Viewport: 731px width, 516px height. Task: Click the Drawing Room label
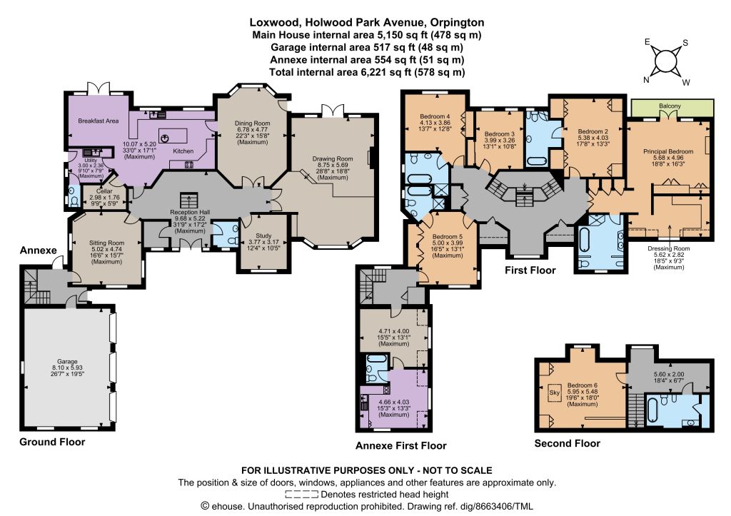click(333, 159)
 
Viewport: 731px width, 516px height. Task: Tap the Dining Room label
click(252, 123)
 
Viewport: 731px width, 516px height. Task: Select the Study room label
click(263, 236)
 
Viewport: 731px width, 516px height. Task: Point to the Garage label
click(67, 362)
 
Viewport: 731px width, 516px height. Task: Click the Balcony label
click(670, 106)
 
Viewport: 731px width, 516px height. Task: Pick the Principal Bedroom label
click(668, 151)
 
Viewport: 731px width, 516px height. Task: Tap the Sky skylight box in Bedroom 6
click(554, 393)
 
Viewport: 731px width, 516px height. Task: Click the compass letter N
click(646, 80)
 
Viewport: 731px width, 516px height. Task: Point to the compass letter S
click(685, 43)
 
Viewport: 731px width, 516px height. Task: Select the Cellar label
click(104, 191)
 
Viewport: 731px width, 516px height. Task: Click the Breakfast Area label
click(98, 121)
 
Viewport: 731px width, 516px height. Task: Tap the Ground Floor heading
click(52, 442)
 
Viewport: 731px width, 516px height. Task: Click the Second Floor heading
click(567, 443)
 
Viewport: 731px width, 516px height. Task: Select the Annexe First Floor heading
click(401, 445)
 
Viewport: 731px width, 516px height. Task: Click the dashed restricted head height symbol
click(302, 494)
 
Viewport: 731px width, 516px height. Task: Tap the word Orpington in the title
click(458, 22)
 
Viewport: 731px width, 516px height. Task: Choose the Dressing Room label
click(668, 248)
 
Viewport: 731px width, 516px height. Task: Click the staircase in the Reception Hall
click(188, 201)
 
